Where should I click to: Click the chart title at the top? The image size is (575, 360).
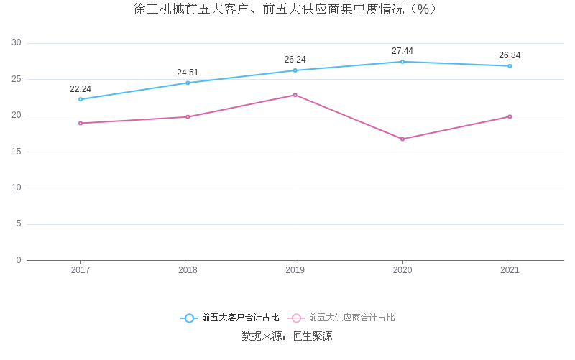(x=286, y=9)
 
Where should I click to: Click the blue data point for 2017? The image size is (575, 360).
(x=80, y=99)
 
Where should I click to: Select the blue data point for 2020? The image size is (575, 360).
(x=402, y=62)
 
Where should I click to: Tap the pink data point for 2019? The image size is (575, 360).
(x=295, y=95)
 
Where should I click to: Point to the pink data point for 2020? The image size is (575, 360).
(x=402, y=139)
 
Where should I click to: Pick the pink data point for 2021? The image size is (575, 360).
(x=510, y=116)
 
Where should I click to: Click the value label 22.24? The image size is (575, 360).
(x=80, y=89)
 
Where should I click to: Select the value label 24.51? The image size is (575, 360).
(x=188, y=73)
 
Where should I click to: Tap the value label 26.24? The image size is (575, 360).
(x=295, y=60)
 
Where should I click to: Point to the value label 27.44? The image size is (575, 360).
(x=402, y=51)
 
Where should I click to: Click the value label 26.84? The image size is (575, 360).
(x=510, y=55)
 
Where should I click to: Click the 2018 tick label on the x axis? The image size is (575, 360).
(x=188, y=270)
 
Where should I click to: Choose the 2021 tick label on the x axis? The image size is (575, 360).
(x=510, y=270)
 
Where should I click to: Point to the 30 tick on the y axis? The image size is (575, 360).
(x=17, y=43)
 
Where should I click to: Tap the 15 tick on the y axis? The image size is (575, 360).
(x=17, y=152)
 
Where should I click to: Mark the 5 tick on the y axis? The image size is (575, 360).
(x=19, y=224)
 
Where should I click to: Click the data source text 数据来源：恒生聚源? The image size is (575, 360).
(x=287, y=336)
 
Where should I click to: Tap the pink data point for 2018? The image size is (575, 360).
(x=188, y=117)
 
